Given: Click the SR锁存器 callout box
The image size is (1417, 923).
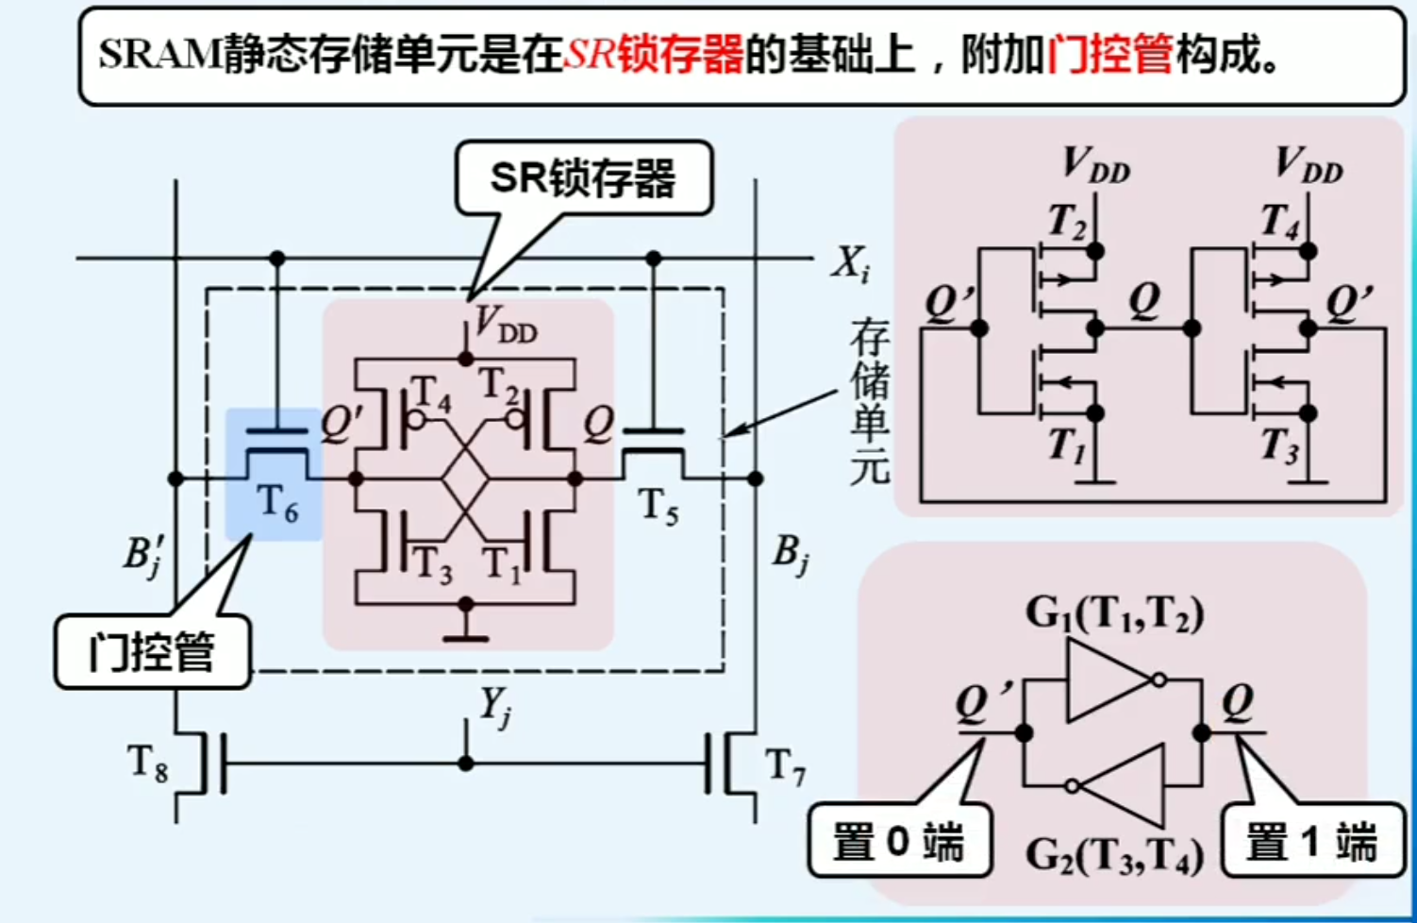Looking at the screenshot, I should click(583, 178).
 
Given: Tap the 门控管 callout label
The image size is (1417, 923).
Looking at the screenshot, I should click(152, 652).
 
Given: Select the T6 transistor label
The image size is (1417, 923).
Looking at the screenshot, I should click(277, 503).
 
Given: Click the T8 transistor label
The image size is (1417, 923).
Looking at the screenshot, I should click(147, 763).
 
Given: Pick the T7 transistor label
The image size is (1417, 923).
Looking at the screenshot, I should click(785, 765).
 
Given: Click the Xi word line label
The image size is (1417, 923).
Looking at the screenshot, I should click(850, 263).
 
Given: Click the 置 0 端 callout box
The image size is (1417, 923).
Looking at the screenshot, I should click(898, 841).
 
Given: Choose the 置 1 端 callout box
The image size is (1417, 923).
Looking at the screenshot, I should click(1311, 841).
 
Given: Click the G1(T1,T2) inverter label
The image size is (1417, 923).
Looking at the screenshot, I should click(1114, 614).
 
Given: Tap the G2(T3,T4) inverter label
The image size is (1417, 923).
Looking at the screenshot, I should click(1114, 856).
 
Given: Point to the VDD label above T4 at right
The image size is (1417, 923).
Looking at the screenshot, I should click(1308, 164).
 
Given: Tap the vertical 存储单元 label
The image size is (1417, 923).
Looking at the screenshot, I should click(868, 401).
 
